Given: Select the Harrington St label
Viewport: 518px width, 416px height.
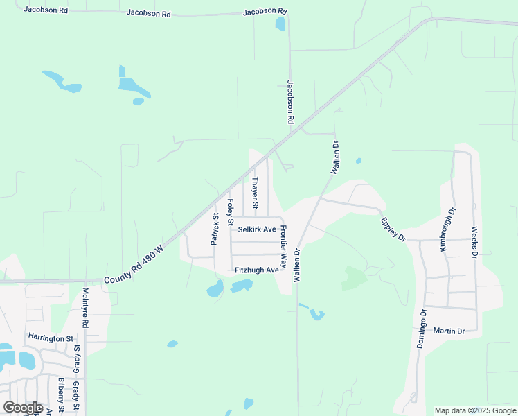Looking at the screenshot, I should coord(51,338).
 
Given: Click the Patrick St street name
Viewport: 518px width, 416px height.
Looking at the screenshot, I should coord(215,228).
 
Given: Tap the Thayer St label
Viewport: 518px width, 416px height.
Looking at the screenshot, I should coord(255,193).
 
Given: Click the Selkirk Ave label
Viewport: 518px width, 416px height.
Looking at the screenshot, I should coord(257,229).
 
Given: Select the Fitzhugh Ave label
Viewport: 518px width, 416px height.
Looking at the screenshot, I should coord(256,270).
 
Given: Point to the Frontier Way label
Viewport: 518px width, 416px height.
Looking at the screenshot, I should coord(283,247).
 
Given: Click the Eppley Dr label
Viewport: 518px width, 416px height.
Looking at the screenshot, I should coord(392,229).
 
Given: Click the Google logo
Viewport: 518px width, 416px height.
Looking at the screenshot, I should coord(23,408).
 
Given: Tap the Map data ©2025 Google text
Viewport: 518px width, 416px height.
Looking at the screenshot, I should coord(475,410).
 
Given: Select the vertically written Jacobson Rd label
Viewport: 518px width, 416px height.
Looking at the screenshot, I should coord(290,102).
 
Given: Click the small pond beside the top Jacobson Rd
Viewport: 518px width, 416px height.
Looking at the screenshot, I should coord(280,24).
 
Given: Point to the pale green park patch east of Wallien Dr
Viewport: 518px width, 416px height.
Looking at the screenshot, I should coord(354,278).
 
